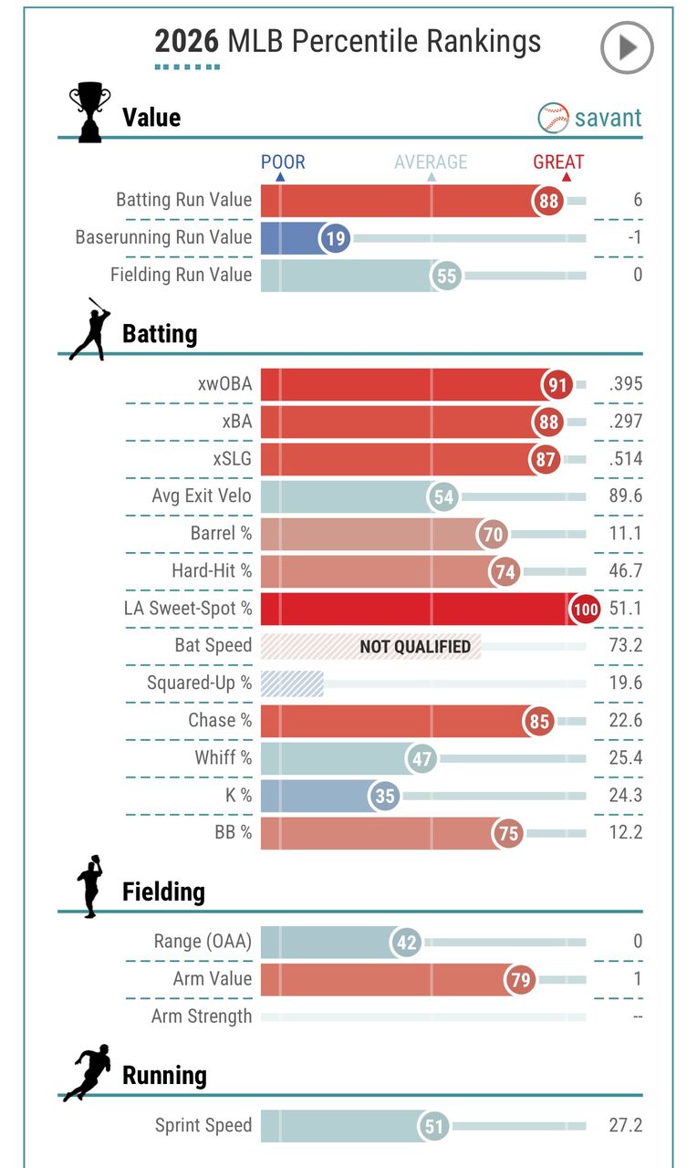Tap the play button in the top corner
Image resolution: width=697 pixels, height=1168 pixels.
click(x=627, y=47)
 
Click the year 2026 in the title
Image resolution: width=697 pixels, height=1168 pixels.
click(x=187, y=41)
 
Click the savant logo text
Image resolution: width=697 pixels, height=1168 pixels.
click(x=608, y=118)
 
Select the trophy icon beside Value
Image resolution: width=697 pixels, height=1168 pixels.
click(x=89, y=113)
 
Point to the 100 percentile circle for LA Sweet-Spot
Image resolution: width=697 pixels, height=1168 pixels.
click(x=585, y=609)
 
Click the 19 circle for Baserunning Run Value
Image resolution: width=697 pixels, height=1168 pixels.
click(x=335, y=238)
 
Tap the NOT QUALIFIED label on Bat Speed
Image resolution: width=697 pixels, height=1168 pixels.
click(x=415, y=647)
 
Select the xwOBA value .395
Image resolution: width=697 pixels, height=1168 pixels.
click(x=626, y=384)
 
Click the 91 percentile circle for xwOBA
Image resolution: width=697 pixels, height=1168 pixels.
click(x=557, y=384)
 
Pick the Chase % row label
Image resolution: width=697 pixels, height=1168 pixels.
click(x=219, y=720)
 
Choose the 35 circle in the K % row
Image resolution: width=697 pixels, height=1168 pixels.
click(x=385, y=796)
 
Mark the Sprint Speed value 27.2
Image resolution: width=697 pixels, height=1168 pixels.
click(x=625, y=1125)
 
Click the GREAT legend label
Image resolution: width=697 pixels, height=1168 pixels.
click(x=558, y=162)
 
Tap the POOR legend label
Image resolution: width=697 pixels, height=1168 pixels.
click(x=283, y=162)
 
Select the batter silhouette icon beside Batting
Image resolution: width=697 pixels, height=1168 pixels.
click(x=89, y=329)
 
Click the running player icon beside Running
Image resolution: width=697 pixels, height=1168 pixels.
click(x=88, y=1072)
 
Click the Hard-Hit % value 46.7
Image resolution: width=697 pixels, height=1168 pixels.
click(x=626, y=571)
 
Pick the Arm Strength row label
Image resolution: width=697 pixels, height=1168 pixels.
click(x=201, y=1016)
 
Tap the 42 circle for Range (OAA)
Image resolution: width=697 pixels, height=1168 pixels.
click(x=407, y=943)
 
